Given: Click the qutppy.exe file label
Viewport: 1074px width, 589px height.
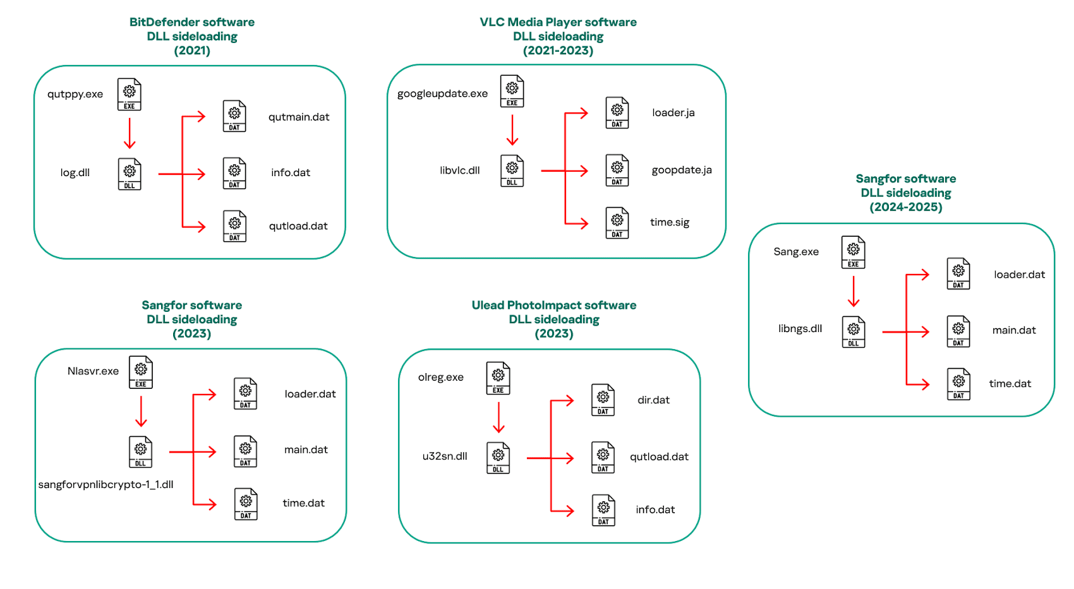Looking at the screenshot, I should (x=75, y=95).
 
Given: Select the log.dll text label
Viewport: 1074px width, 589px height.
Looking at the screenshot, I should (x=75, y=173).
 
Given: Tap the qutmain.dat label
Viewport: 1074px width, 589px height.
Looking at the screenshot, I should (x=299, y=117).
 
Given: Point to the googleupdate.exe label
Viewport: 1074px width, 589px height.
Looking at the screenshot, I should (x=442, y=94).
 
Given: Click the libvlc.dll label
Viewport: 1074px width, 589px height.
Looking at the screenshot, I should (x=460, y=170).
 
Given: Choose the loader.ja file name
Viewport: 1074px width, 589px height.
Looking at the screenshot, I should (x=673, y=113).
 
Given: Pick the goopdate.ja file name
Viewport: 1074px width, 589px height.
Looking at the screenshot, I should (x=682, y=170).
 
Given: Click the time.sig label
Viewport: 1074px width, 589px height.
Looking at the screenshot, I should (x=670, y=223).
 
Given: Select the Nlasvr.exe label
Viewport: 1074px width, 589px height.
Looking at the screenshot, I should (x=93, y=371).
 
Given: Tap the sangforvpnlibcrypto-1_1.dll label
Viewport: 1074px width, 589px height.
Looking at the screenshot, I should (x=106, y=485).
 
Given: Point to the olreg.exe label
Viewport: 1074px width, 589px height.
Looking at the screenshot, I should (x=441, y=378).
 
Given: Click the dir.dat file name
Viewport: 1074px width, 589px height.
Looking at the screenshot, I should (x=653, y=400).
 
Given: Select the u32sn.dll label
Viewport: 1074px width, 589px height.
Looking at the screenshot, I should (x=445, y=456).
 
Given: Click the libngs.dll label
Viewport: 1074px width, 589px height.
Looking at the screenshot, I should (x=800, y=329).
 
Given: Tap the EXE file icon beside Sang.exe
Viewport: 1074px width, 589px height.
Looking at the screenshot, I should (x=854, y=253).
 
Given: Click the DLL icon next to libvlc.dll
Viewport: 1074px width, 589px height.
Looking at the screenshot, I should (x=512, y=171).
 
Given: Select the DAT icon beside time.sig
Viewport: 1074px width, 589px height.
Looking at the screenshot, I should (x=617, y=223).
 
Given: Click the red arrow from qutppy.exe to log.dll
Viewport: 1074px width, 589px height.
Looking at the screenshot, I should (x=130, y=133).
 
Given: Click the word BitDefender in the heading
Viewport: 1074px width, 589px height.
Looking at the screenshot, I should (x=160, y=22).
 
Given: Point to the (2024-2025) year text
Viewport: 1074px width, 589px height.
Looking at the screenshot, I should (x=906, y=207).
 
